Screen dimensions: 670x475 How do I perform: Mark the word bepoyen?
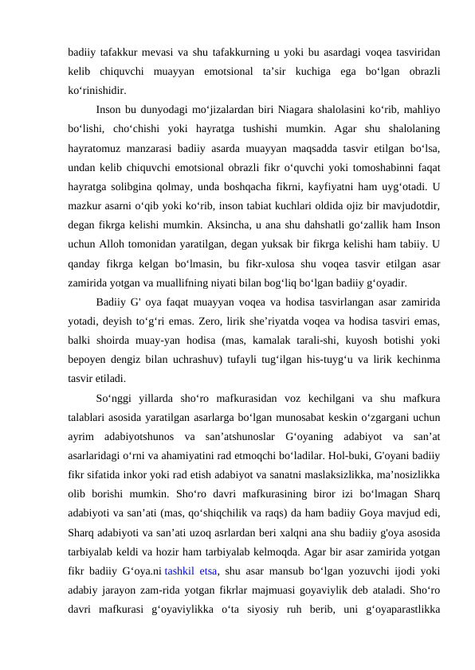click(x=90, y=357)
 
